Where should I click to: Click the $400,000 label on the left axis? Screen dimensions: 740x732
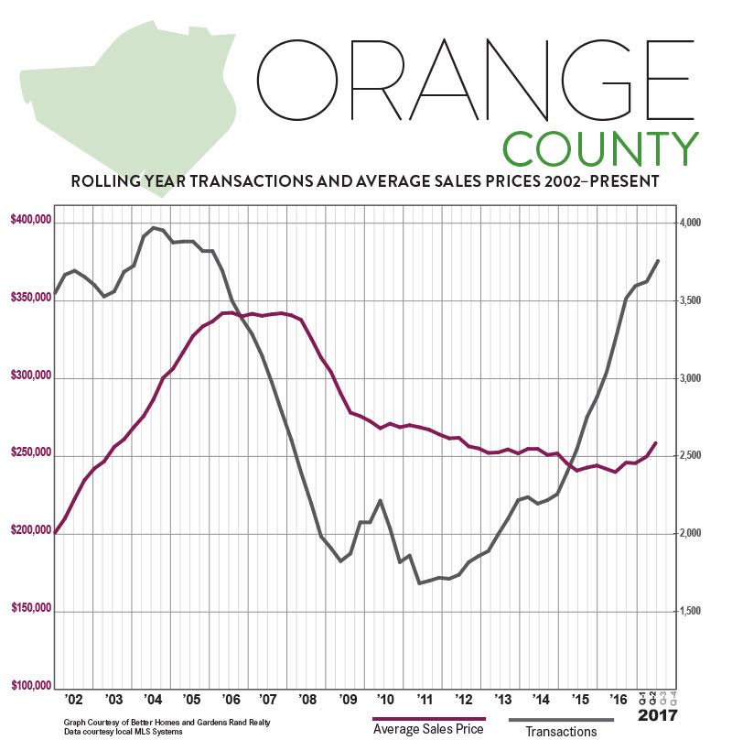[x=29, y=221]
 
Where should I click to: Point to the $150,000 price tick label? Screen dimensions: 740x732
[x=29, y=608]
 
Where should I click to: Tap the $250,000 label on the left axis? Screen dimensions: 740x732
[x=29, y=453]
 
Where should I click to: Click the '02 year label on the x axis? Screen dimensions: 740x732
[x=74, y=701]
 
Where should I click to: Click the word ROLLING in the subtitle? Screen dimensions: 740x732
[x=108, y=182]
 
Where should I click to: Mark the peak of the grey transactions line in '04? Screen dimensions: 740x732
[x=154, y=227]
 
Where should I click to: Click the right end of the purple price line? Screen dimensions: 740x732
[x=656, y=443]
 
